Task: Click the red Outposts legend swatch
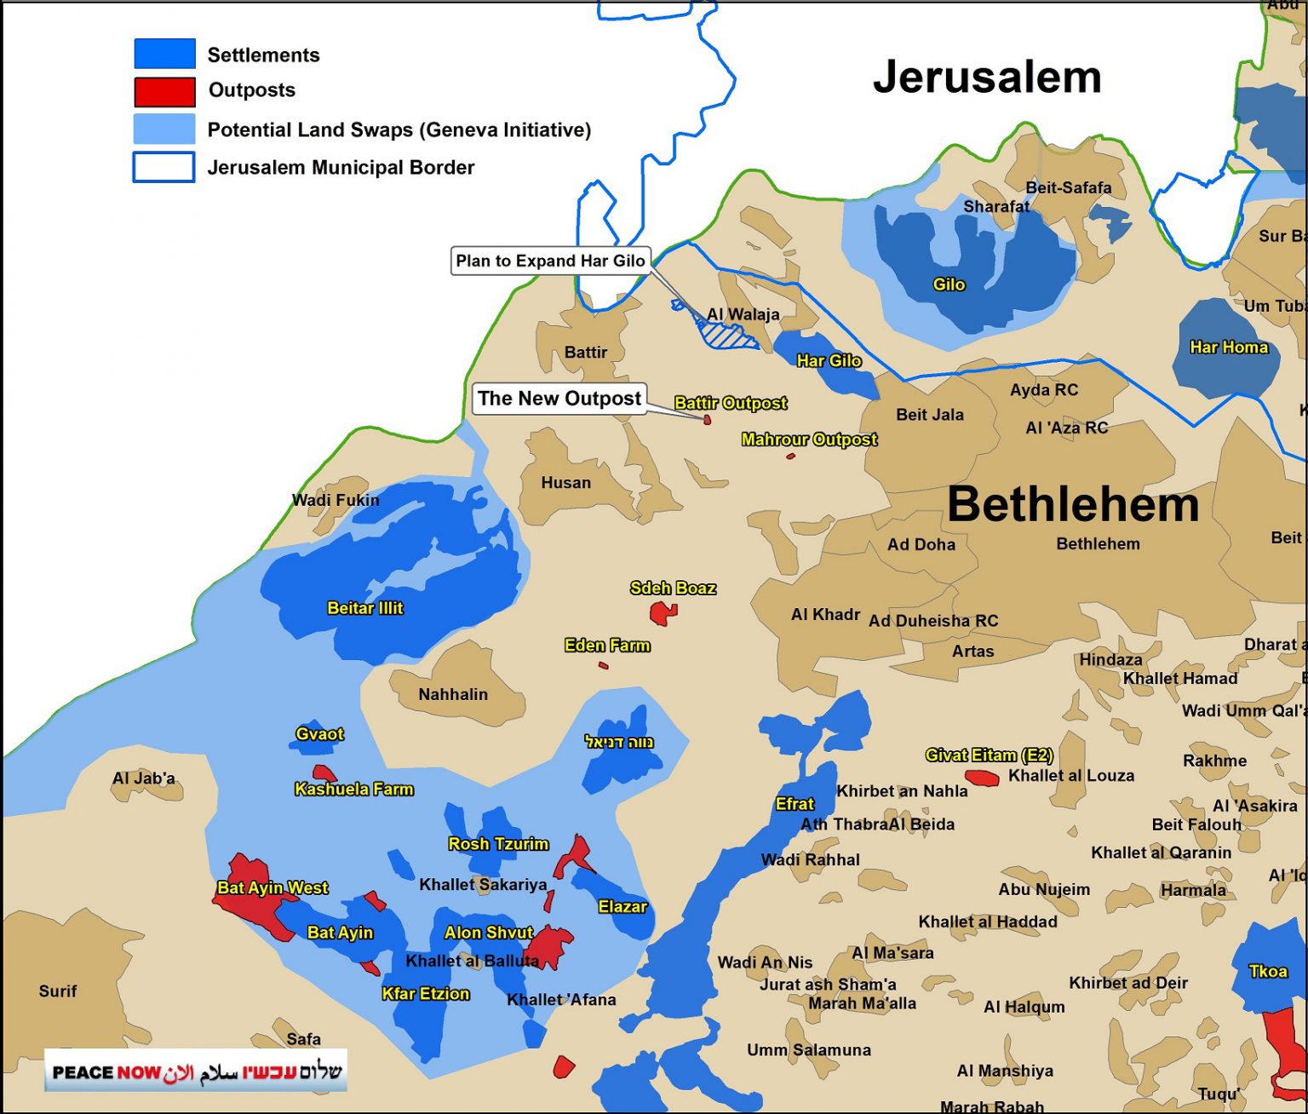point(164,91)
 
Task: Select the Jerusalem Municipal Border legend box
point(163,167)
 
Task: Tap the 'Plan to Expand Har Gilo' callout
point(550,261)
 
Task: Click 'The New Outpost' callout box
point(559,399)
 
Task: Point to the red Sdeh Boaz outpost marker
point(662,612)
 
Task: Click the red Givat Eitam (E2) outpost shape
point(982,778)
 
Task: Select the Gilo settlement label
point(949,284)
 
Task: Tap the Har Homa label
point(1228,347)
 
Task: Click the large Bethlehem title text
point(1072,504)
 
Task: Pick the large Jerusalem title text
point(987,77)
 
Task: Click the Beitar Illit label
point(364,608)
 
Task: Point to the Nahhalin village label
point(453,694)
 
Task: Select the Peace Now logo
point(196,1071)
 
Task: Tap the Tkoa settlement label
point(1267,971)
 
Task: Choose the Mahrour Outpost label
point(808,439)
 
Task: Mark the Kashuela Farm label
point(353,790)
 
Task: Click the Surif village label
point(57,991)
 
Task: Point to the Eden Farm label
point(606,646)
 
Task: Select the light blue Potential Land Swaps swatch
point(164,129)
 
